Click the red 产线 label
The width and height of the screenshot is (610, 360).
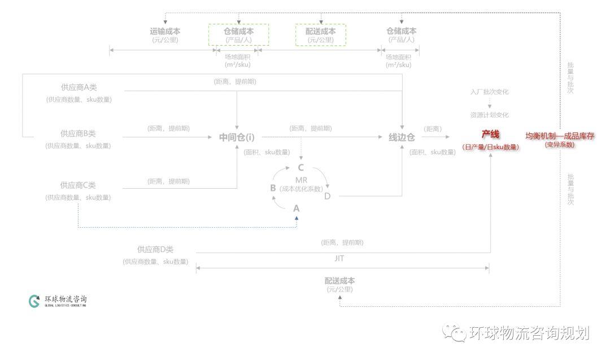point(490,135)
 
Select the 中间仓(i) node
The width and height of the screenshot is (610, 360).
point(237,137)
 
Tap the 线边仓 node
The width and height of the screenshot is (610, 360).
point(402,137)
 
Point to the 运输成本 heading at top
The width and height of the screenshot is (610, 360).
point(164,32)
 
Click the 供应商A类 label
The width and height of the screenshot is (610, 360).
point(79,88)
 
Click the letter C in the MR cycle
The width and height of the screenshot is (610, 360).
point(301,167)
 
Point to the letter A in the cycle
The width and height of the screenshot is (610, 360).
point(297,209)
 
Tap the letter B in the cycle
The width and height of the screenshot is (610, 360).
point(273,188)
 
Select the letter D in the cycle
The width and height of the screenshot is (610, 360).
point(327,196)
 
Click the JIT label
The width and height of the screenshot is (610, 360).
point(339,258)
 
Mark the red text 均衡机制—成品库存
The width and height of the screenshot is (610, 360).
point(559,136)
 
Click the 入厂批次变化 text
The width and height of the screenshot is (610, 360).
point(489,92)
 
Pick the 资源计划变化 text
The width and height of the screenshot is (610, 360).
point(489,115)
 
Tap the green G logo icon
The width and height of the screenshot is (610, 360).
point(35,301)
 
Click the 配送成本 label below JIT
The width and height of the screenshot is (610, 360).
point(339,281)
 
